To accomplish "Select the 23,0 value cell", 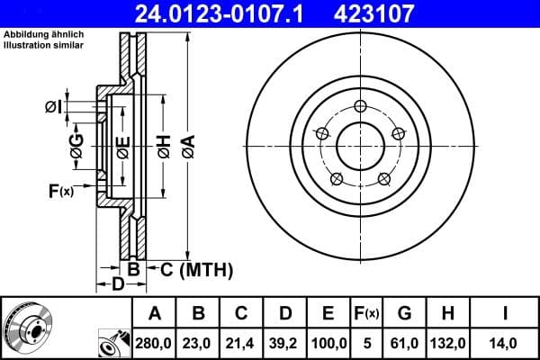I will [198, 343].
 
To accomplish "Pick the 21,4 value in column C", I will [241, 343].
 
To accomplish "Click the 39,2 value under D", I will [284, 343].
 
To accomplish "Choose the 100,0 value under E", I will [328, 343].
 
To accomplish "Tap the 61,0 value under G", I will [404, 343].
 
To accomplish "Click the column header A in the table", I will [155, 313].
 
